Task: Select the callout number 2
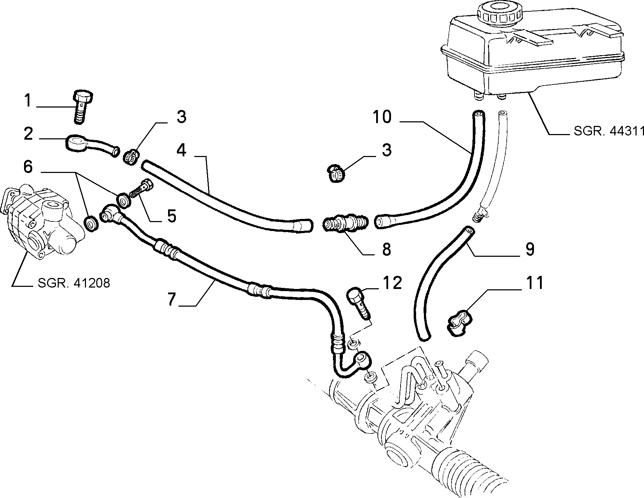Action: point(28,135)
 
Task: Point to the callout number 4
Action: point(181,150)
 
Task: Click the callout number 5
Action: point(172,216)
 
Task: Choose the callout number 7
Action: point(172,299)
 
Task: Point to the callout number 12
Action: point(392,283)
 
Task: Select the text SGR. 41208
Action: point(74,283)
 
